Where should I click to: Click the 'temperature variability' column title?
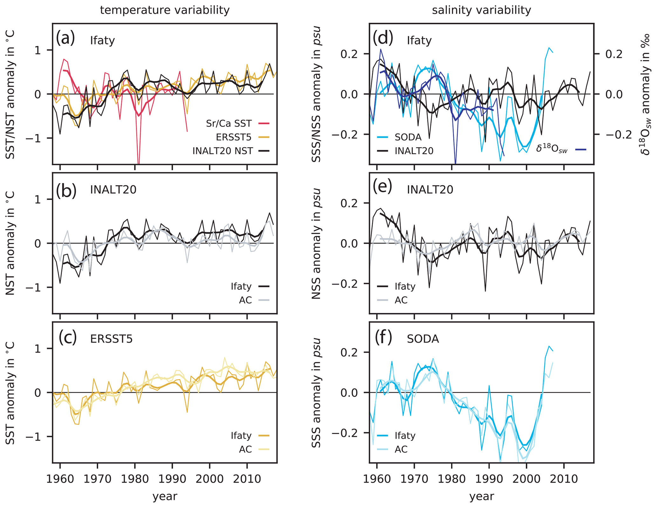pos(165,10)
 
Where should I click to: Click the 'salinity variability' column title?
pos(481,10)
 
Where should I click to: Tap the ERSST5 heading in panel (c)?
pos(111,339)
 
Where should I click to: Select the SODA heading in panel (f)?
pos(423,339)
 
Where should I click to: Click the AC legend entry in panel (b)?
pos(245,300)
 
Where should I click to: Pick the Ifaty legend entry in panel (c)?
pos(241,435)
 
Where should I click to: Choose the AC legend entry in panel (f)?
pos(401,449)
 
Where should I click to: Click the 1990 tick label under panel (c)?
pos(172,479)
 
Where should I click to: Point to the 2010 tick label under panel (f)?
pos(564,479)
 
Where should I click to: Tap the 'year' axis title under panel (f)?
pos(482,496)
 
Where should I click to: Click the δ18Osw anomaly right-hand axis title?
pos(645,94)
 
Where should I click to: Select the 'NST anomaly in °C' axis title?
pos(10,243)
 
